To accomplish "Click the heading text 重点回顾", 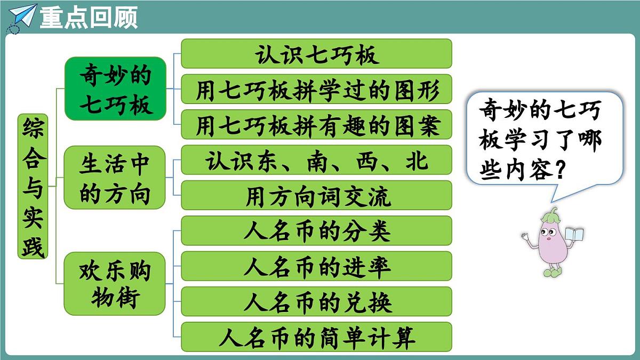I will click(89, 17).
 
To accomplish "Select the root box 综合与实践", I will click(33, 186).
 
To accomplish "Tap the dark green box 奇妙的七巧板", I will click(116, 89).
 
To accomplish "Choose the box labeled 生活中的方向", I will click(115, 177).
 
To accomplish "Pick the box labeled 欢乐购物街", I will click(115, 284).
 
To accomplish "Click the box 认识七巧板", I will click(316, 54).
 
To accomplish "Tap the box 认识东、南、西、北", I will click(316, 161).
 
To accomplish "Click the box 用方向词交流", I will click(316, 196).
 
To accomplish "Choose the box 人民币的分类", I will click(316, 231).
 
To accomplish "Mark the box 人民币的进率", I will click(316, 266).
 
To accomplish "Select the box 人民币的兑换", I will click(316, 301).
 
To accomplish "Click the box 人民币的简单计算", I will click(316, 337).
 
